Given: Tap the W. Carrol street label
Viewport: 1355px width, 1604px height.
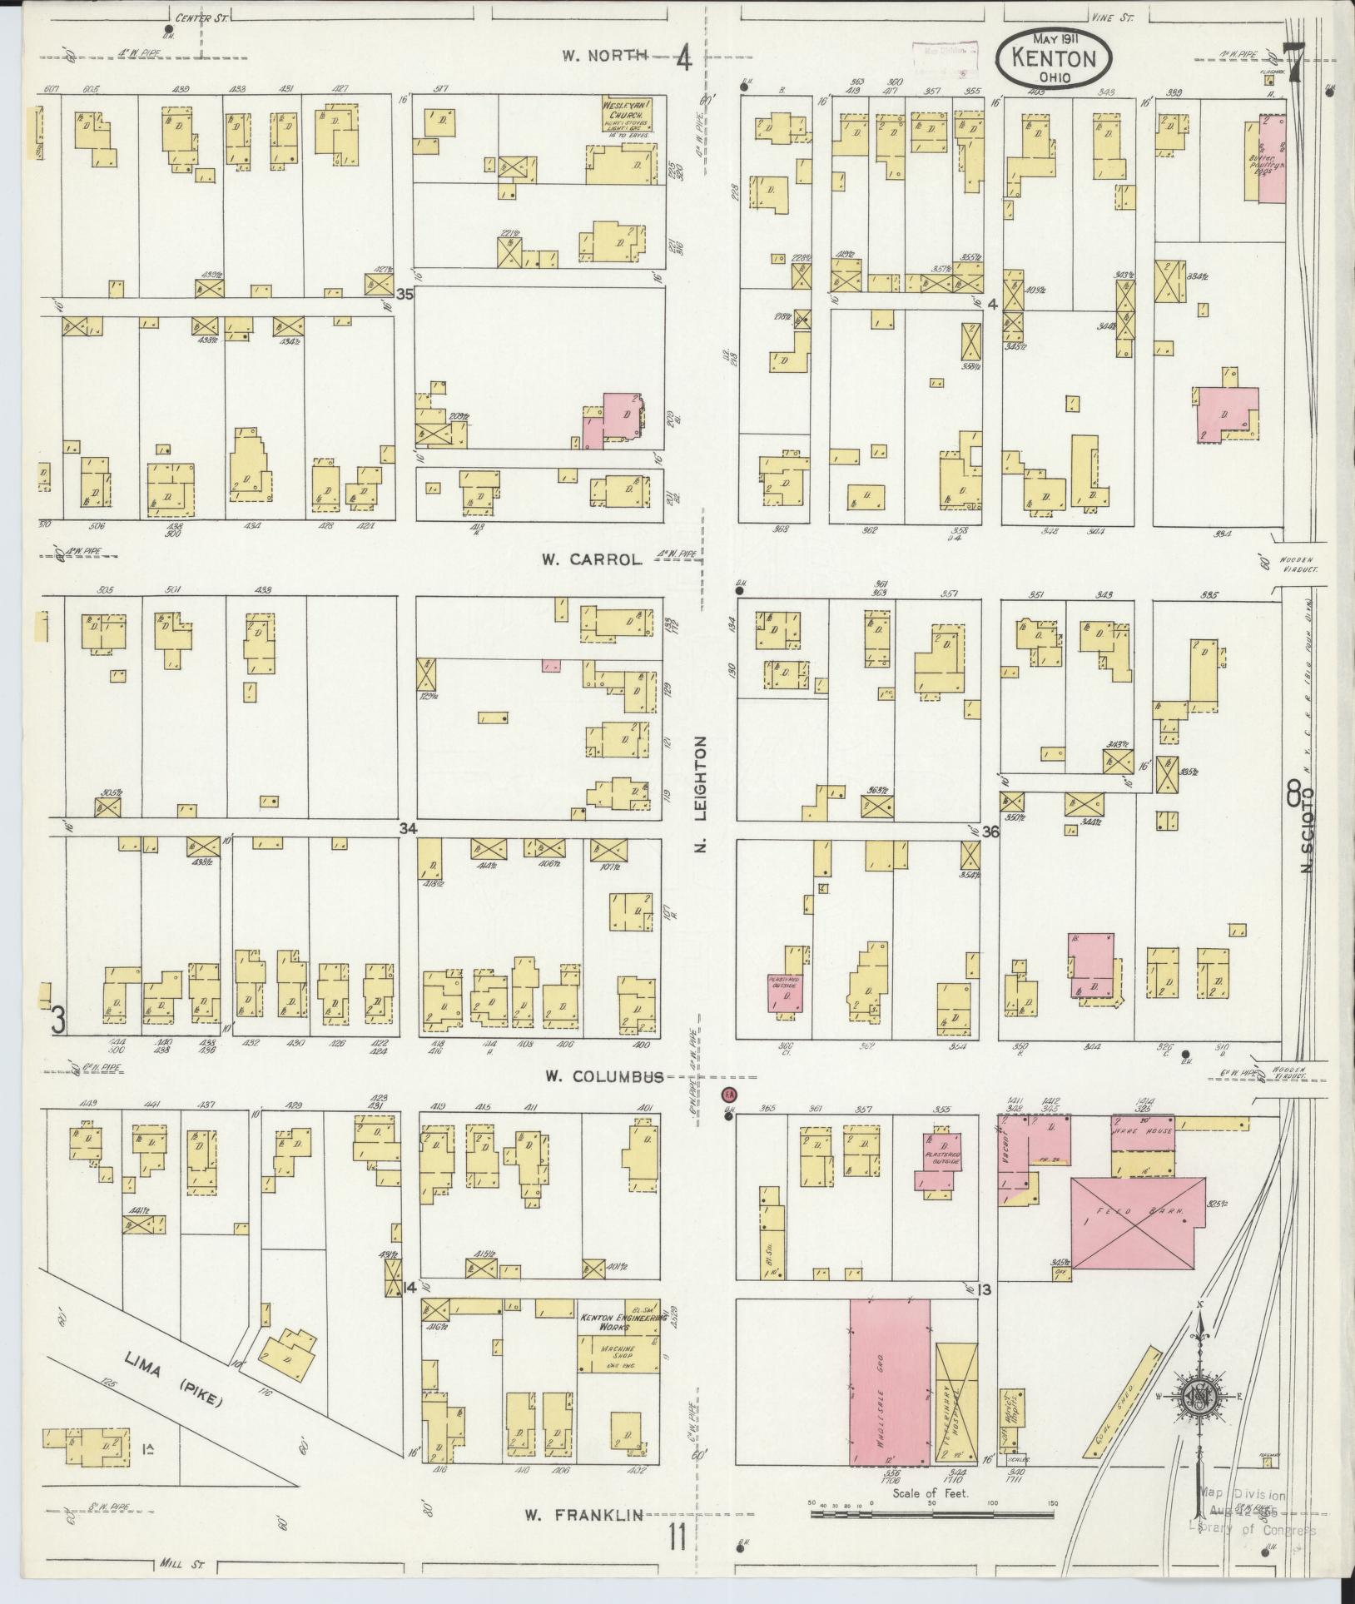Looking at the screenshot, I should pos(592,559).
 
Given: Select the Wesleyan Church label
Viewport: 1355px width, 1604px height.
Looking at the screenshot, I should pos(625,114).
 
